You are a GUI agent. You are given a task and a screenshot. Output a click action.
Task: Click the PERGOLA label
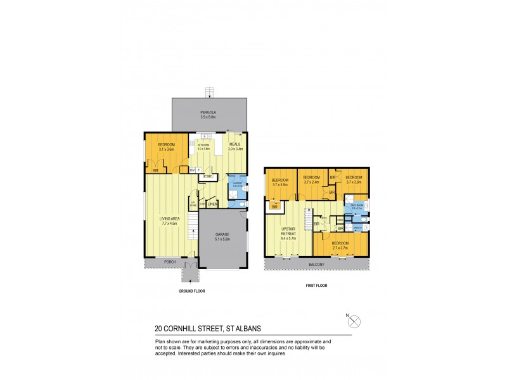coord(209,112)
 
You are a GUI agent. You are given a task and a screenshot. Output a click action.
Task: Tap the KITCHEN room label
coord(203,145)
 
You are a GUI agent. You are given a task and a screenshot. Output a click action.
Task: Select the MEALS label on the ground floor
coord(235,144)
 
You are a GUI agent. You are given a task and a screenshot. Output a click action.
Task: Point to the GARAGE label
coord(222,234)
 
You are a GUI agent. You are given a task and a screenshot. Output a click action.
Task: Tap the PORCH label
coord(170,262)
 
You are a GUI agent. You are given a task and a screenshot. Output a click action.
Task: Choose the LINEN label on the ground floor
coord(213,204)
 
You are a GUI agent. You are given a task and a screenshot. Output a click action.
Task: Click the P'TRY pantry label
coord(207,176)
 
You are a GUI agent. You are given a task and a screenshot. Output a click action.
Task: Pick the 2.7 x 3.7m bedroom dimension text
coord(341,246)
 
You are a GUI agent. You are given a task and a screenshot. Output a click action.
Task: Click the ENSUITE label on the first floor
coord(357,227)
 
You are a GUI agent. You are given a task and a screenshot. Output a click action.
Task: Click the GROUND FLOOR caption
coord(192,291)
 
